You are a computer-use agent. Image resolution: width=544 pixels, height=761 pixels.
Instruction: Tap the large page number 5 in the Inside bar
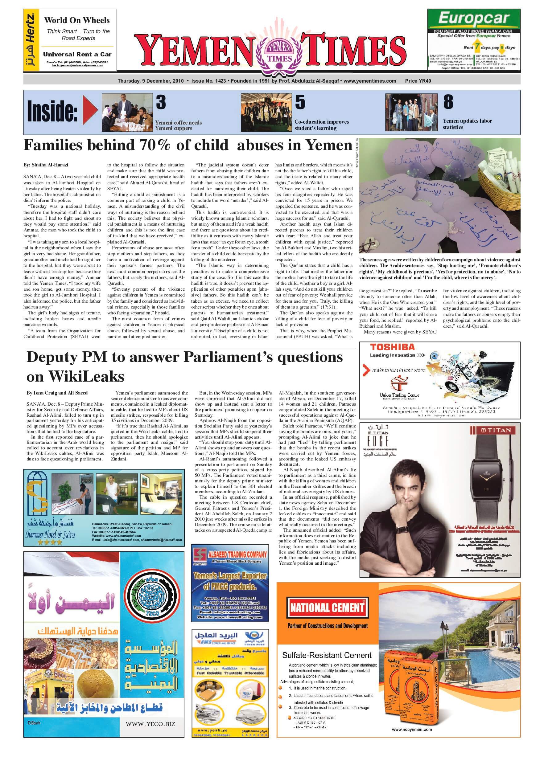point(300,102)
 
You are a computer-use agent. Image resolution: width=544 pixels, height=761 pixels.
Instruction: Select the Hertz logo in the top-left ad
point(31,40)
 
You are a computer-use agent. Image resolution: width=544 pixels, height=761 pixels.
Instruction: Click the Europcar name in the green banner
point(474,19)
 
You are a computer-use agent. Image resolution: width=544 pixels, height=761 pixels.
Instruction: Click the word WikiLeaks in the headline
point(86,377)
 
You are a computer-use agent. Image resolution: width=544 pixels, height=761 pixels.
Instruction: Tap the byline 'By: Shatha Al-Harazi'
point(46,165)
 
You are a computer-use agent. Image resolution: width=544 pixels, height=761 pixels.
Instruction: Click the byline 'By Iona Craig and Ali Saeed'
point(57,393)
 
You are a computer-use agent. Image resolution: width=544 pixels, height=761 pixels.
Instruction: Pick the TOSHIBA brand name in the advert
point(392,347)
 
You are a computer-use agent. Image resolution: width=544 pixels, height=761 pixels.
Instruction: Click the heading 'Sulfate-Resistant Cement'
point(327,655)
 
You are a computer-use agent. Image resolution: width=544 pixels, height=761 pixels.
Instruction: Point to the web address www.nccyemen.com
point(411,729)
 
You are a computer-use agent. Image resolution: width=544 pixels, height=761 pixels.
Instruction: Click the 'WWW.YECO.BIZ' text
point(150,724)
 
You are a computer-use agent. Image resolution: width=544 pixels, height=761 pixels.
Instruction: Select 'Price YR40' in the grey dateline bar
point(418,81)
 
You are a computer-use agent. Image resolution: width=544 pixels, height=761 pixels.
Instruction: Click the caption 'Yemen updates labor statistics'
point(467,124)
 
